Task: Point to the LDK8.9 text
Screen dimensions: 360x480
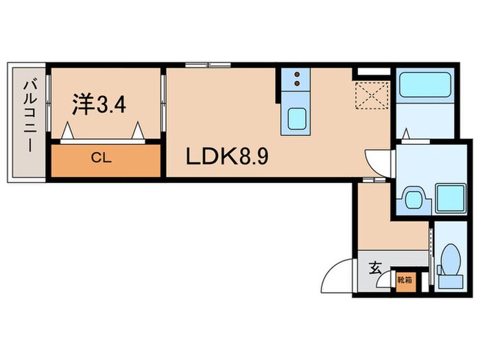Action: click(x=227, y=156)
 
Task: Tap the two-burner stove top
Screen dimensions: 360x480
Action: click(x=296, y=80)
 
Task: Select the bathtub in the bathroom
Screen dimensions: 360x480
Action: click(x=422, y=85)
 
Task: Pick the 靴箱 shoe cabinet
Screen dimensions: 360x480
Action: click(x=405, y=280)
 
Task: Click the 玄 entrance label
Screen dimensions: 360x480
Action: click(x=376, y=268)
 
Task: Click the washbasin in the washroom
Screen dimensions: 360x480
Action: click(x=413, y=199)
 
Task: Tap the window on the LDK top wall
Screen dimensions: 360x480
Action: click(x=207, y=65)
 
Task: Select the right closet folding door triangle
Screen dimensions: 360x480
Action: click(x=140, y=130)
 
